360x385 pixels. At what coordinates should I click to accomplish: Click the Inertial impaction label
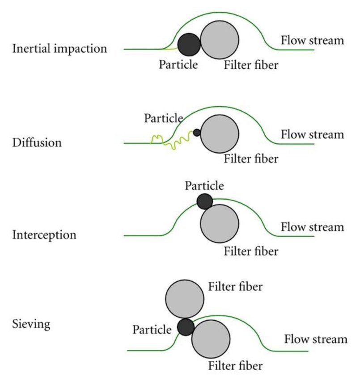click(x=59, y=48)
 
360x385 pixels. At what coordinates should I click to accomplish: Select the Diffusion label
click(x=38, y=143)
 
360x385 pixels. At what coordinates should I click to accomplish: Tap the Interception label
click(x=44, y=234)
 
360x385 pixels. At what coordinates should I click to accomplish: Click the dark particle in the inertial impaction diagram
click(x=190, y=44)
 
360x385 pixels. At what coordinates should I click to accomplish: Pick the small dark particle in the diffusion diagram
click(x=197, y=133)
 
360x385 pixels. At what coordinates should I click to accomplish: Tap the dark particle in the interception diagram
click(x=205, y=201)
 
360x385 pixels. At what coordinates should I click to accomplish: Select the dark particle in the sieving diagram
click(x=185, y=327)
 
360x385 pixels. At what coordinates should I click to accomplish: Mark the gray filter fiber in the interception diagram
click(x=219, y=224)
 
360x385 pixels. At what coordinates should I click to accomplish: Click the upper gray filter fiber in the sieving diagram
click(x=185, y=298)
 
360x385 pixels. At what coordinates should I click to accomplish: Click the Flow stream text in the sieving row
click(x=316, y=339)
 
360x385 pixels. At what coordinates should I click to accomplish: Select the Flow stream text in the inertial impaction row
click(x=312, y=41)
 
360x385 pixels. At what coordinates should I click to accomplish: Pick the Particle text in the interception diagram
click(x=204, y=185)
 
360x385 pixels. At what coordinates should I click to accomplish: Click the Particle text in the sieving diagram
click(x=152, y=330)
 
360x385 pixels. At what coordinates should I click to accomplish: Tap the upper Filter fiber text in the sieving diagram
click(x=235, y=287)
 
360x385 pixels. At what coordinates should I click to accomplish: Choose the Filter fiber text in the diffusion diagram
click(x=251, y=158)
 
